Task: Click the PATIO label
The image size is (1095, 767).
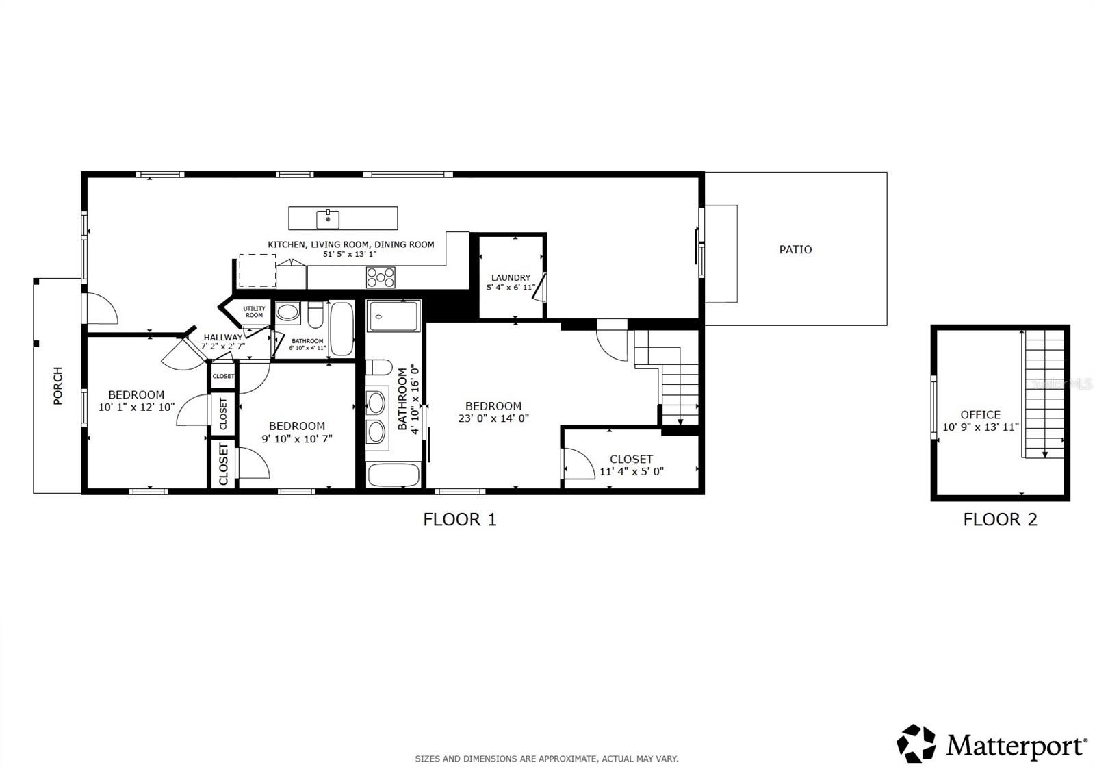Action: (795, 250)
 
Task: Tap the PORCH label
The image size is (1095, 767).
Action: (58, 386)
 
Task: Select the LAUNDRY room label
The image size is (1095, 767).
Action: (511, 278)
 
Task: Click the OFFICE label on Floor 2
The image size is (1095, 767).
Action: (980, 415)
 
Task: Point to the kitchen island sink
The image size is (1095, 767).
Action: (328, 219)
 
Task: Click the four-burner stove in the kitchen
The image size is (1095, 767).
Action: (381, 277)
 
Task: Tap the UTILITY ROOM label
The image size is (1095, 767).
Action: (254, 312)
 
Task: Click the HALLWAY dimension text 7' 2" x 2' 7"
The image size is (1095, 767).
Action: (223, 347)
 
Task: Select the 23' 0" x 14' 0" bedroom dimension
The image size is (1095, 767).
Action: (493, 418)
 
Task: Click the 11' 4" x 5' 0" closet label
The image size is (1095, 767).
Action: (631, 471)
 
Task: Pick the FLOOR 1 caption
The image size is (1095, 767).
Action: (460, 520)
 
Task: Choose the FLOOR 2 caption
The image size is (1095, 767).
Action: (1000, 520)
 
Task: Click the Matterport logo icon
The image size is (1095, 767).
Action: (916, 743)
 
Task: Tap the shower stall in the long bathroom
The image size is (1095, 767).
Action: (393, 316)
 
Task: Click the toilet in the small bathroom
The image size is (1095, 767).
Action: (315, 316)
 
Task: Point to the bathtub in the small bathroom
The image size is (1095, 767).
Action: (342, 329)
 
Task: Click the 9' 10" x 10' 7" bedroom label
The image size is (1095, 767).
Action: (297, 438)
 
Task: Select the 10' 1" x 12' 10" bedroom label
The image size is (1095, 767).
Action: (136, 407)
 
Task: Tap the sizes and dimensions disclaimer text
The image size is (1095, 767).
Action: (546, 759)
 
